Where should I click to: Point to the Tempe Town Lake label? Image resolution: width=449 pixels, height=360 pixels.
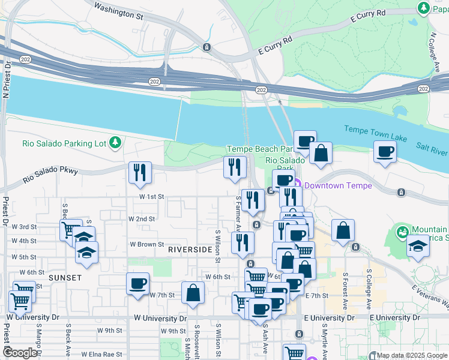click(375, 134)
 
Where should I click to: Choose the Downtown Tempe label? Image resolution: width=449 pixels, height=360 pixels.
click(332, 185)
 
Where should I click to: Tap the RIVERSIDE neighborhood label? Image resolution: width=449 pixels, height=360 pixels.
click(190, 249)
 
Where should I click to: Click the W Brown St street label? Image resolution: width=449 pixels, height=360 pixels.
click(147, 245)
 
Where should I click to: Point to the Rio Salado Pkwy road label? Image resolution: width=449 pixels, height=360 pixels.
click(51, 175)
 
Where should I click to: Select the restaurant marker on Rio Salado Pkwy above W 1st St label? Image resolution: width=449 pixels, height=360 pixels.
click(139, 172)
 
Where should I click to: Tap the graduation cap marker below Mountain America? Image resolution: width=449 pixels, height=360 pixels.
click(417, 246)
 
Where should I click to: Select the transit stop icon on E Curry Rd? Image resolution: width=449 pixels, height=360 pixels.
click(206, 47)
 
